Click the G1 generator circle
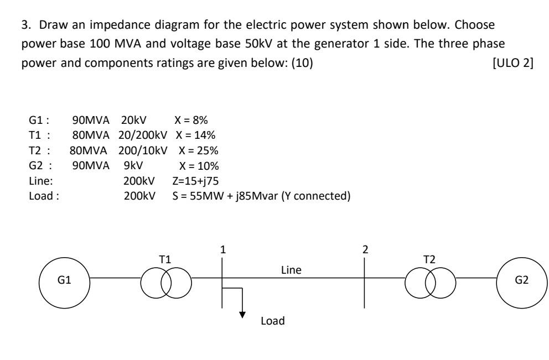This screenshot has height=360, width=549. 64,280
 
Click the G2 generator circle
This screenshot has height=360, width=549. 522,280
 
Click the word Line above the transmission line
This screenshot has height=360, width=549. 291,270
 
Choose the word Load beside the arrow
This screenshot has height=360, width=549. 272,320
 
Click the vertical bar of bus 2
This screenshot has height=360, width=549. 365,282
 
